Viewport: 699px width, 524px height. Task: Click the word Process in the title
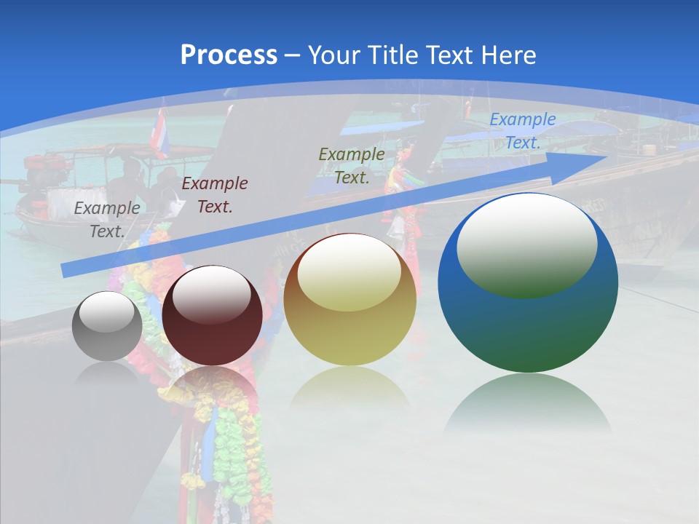(x=229, y=55)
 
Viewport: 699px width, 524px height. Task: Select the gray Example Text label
(x=107, y=219)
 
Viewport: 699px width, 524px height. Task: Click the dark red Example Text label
(x=214, y=194)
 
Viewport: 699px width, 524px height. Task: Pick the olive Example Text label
(x=352, y=165)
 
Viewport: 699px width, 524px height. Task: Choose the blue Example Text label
(x=522, y=131)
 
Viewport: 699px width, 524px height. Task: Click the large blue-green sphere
(x=528, y=320)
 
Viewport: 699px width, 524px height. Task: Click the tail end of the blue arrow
(x=66, y=271)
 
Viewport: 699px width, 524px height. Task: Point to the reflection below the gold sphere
(x=349, y=389)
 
